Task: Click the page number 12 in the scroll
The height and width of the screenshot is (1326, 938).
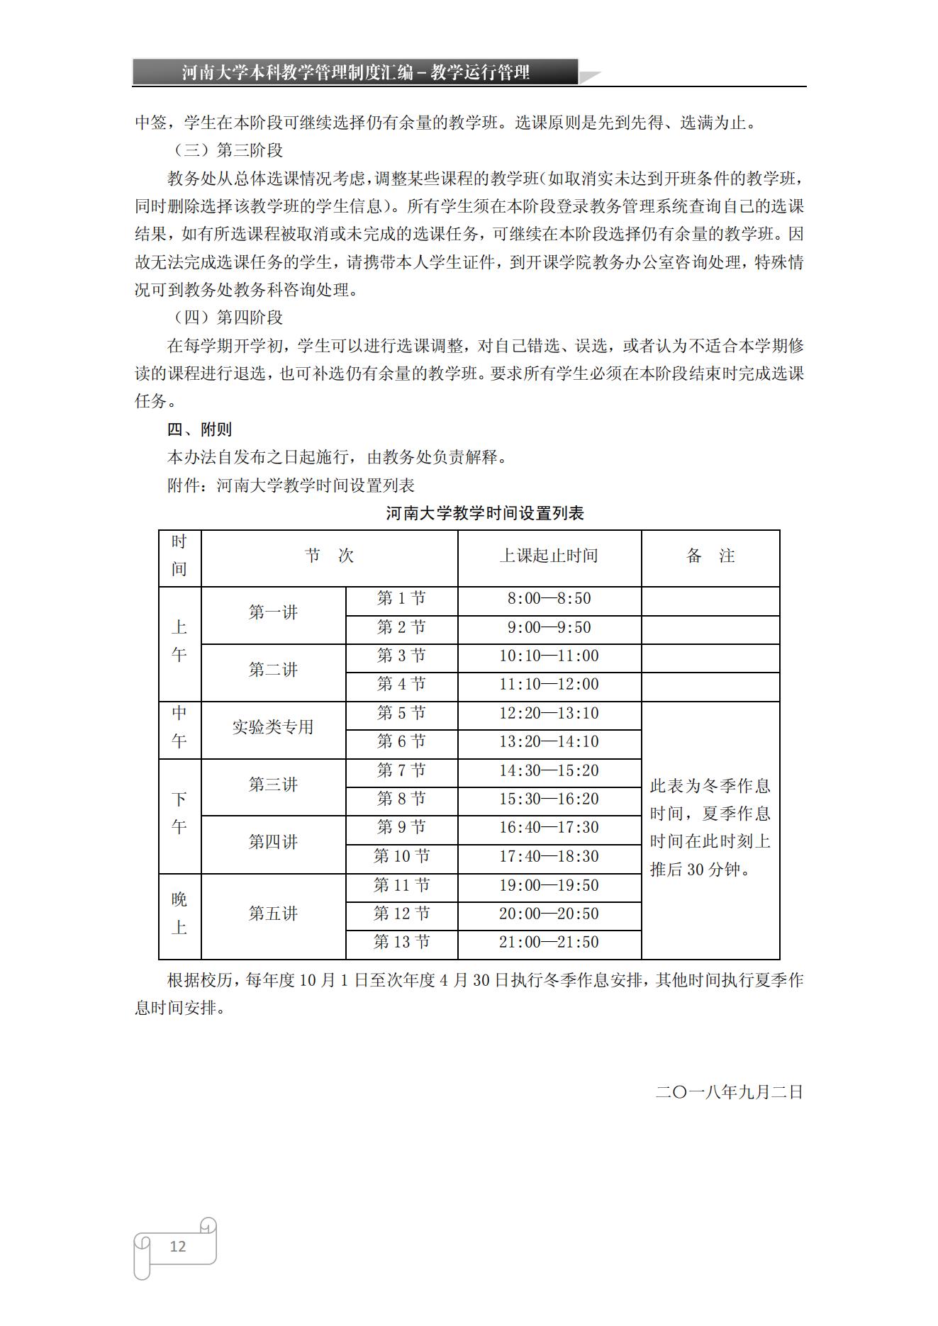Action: tap(177, 1246)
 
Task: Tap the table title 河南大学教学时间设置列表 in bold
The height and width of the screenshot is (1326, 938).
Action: tap(484, 513)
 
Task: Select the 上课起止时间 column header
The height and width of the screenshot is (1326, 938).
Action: tap(549, 556)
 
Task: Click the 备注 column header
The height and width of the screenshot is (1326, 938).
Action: tap(710, 556)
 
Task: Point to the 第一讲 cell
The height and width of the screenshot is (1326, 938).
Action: tap(273, 613)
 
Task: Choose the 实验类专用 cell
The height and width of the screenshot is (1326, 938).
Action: tap(273, 728)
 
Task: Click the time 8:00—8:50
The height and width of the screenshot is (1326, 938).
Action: tap(549, 599)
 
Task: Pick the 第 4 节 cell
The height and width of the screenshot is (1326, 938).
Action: tap(401, 685)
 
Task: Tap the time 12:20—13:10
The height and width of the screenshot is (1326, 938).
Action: tap(549, 714)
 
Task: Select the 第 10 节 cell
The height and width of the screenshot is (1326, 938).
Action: tap(401, 857)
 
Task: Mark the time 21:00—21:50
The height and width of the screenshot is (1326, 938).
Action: tap(549, 943)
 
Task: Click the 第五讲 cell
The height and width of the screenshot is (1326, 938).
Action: tap(273, 914)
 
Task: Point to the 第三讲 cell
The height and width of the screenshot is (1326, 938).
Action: tap(273, 785)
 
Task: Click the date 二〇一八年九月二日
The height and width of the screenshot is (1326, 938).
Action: tap(729, 1092)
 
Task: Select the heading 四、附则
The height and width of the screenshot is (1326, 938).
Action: tap(199, 429)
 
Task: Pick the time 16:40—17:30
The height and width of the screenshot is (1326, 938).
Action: tap(549, 828)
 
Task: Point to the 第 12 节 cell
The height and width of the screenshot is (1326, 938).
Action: tap(401, 914)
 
